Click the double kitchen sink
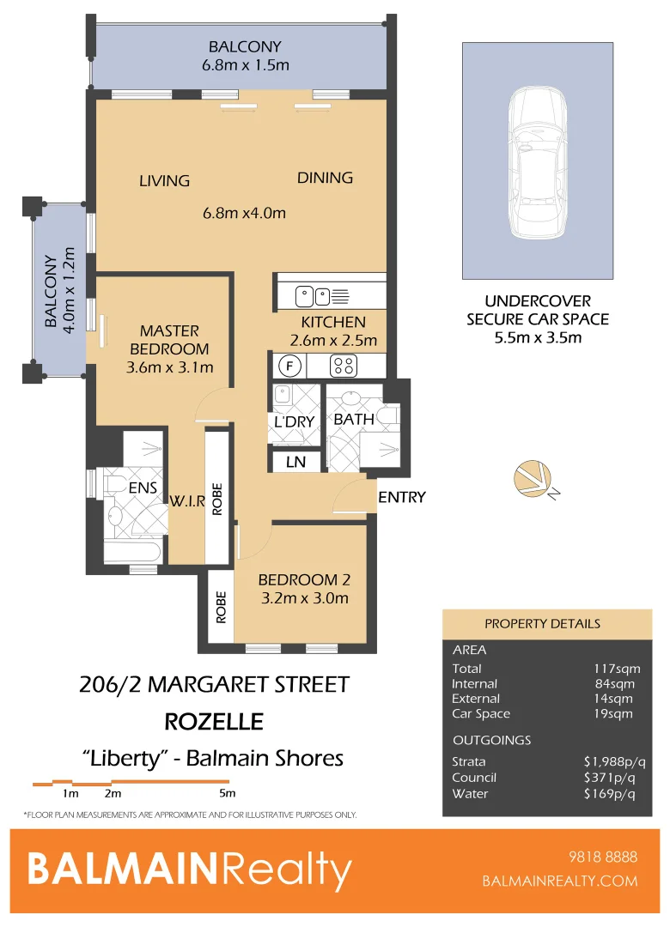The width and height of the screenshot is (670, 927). [x=313, y=297]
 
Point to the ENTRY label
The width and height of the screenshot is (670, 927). [x=401, y=497]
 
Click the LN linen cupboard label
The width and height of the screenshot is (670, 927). [x=295, y=462]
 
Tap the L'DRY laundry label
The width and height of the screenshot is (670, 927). [x=295, y=421]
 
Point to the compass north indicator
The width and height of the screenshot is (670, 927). [x=534, y=481]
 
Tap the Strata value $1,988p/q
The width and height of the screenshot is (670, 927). [x=609, y=761]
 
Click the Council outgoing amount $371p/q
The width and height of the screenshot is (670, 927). [x=612, y=778]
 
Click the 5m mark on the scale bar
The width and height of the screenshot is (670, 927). [x=227, y=793]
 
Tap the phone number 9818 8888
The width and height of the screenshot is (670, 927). [x=603, y=857]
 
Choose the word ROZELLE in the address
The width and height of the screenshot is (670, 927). [x=213, y=721]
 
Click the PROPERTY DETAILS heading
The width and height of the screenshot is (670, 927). [x=542, y=623]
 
